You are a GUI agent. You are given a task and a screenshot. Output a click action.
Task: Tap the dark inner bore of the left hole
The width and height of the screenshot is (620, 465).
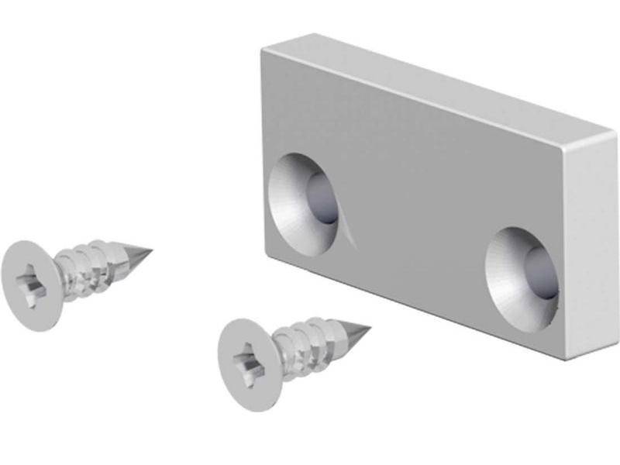tap(322, 198)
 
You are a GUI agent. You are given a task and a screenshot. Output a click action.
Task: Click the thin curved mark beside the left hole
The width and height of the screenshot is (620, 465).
tap(351, 231)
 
